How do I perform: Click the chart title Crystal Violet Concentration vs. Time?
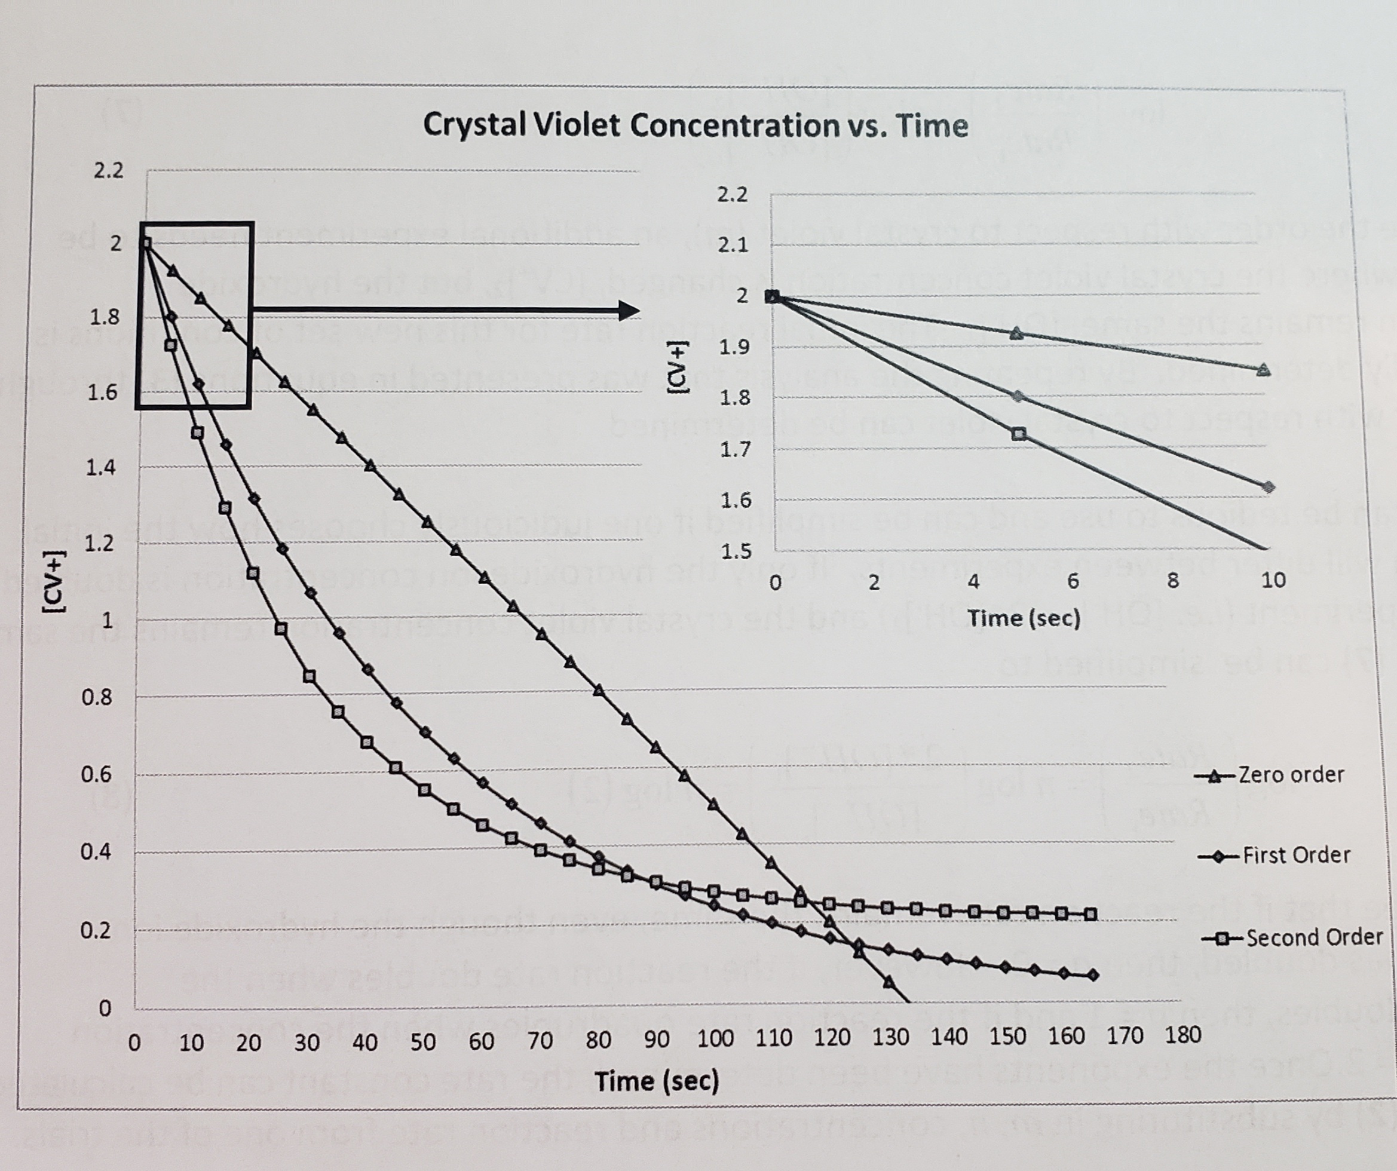[695, 125]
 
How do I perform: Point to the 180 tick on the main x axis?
[1182, 1035]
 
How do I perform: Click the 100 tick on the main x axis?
[715, 1038]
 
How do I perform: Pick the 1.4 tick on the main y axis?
[101, 468]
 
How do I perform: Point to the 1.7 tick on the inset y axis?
[736, 450]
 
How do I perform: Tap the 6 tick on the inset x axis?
[1073, 581]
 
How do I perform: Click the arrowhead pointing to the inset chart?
[628, 309]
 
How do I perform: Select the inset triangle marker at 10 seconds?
[1263, 370]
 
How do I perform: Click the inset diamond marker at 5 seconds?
[1017, 397]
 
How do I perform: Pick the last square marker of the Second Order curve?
[1090, 914]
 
